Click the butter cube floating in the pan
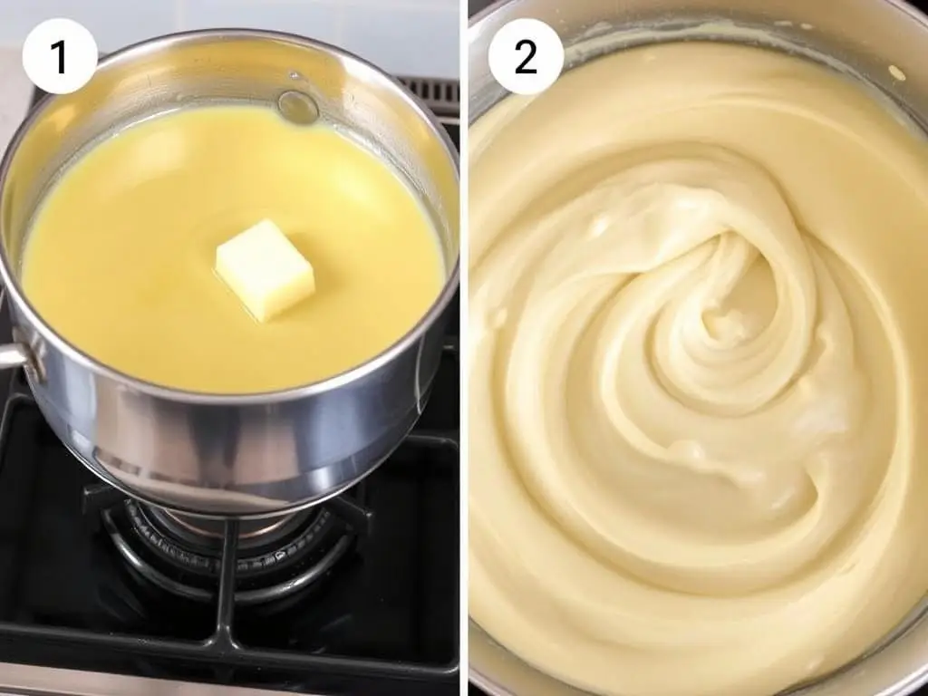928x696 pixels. point(265,270)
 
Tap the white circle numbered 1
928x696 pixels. point(59,56)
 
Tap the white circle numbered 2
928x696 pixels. point(526,57)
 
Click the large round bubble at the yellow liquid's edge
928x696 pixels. point(298,107)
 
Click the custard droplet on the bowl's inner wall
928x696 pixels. point(894,72)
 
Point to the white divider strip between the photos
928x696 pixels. point(464,348)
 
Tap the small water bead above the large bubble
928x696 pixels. point(295,76)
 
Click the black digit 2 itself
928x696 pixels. point(526,57)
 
